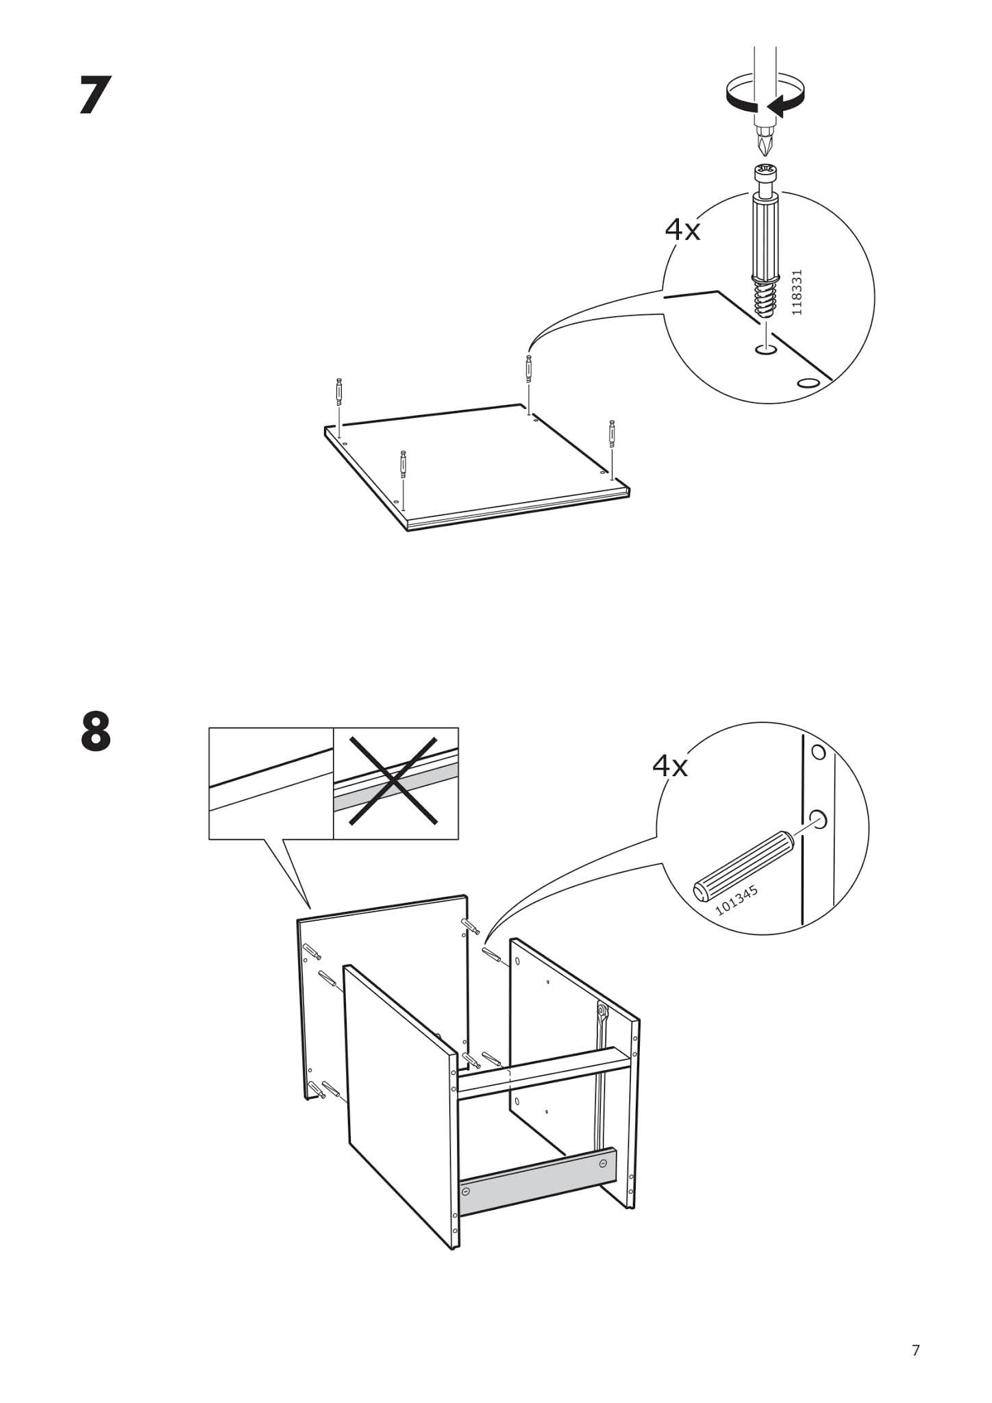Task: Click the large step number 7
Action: [95, 95]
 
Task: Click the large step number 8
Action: [95, 732]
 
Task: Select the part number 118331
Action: [795, 293]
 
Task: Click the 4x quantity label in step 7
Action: [682, 230]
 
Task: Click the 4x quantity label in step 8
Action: [669, 765]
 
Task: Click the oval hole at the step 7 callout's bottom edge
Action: [808, 382]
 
